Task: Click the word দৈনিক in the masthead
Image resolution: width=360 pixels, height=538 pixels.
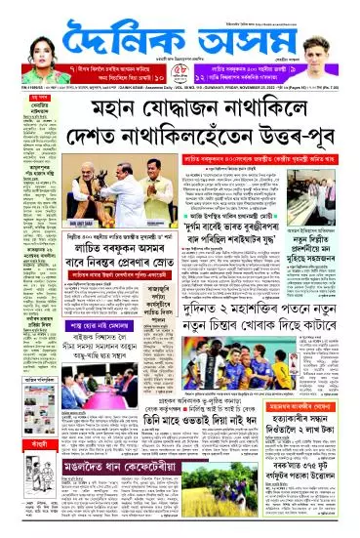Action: [127, 35]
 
